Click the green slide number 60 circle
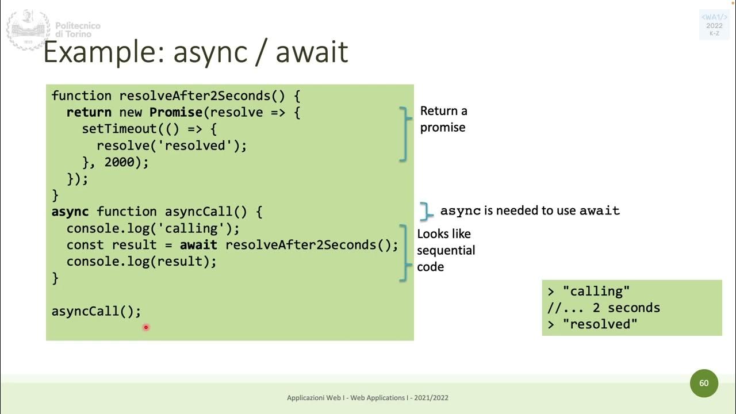(704, 383)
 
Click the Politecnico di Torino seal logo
(28, 30)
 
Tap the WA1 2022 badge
(714, 25)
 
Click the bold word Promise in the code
(175, 112)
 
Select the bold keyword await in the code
(198, 245)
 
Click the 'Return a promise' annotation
(443, 119)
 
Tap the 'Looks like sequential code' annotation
(446, 250)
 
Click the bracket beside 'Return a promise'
(406, 133)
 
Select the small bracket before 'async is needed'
(426, 211)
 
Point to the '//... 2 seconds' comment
(604, 308)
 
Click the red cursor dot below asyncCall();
(146, 327)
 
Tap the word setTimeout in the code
(119, 129)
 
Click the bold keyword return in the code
(89, 112)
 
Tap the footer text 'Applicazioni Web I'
(317, 398)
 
